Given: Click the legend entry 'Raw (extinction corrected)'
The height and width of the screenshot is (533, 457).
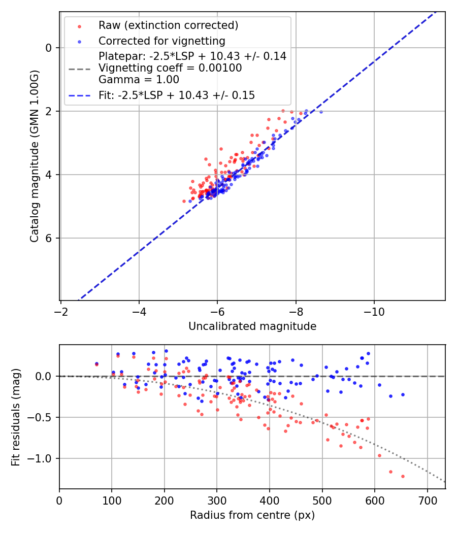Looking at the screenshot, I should [168, 25].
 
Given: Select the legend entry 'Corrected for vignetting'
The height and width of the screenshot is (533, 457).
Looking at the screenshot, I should [161, 41].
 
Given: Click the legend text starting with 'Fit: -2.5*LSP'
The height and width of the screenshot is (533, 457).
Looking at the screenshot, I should [177, 95].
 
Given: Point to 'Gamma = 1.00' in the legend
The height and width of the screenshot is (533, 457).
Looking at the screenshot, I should [139, 79].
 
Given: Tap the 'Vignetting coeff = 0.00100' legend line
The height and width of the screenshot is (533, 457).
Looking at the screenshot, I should [170, 68].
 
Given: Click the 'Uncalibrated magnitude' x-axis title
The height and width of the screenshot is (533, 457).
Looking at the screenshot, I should [252, 326].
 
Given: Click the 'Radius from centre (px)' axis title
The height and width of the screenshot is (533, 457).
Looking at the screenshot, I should [252, 515].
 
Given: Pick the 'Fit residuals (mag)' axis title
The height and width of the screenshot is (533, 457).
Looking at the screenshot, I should [16, 417].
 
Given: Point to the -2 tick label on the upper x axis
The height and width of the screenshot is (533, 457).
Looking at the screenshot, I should [61, 311].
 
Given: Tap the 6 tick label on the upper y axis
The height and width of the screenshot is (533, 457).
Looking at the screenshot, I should [49, 238].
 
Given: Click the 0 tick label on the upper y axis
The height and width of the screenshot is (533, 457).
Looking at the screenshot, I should [49, 48].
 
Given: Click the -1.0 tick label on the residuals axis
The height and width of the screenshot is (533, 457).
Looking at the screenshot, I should [41, 458].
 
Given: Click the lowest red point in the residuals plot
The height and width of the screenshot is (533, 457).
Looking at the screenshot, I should [403, 476].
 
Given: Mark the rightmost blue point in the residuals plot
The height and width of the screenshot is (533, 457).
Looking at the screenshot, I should [403, 394].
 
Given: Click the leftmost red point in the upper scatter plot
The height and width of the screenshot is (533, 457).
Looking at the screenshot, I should [184, 201].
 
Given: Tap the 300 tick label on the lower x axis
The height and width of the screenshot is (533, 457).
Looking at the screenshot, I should [217, 500].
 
